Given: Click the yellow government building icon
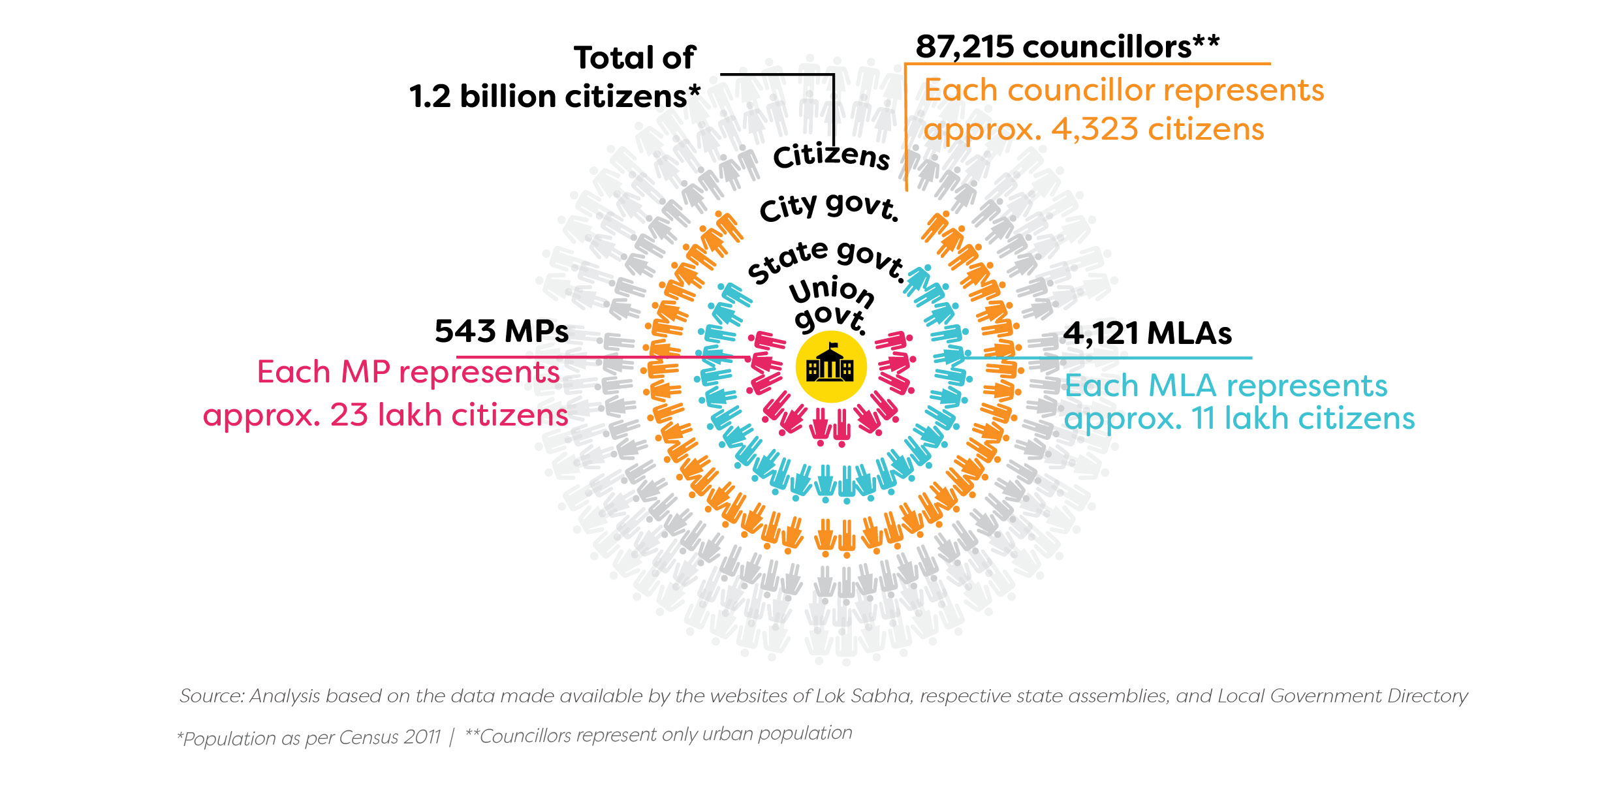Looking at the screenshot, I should tap(830, 367).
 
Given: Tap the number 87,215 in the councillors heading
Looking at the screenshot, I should tap(965, 47).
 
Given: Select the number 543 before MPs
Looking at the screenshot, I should tap(465, 332).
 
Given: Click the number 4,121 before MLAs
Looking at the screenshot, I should tap(1101, 334).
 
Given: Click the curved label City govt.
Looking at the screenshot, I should tap(829, 207).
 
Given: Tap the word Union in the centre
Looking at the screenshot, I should tap(832, 291).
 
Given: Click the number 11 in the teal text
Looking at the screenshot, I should tap(1203, 418).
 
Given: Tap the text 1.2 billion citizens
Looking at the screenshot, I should tap(555, 97).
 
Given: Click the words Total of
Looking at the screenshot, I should tap(635, 58).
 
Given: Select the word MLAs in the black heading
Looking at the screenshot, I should tap(1189, 334).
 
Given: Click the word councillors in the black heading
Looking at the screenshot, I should tap(1107, 47).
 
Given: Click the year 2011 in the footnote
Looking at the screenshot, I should tap(422, 737).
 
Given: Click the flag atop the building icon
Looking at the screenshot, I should tap(833, 345).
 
